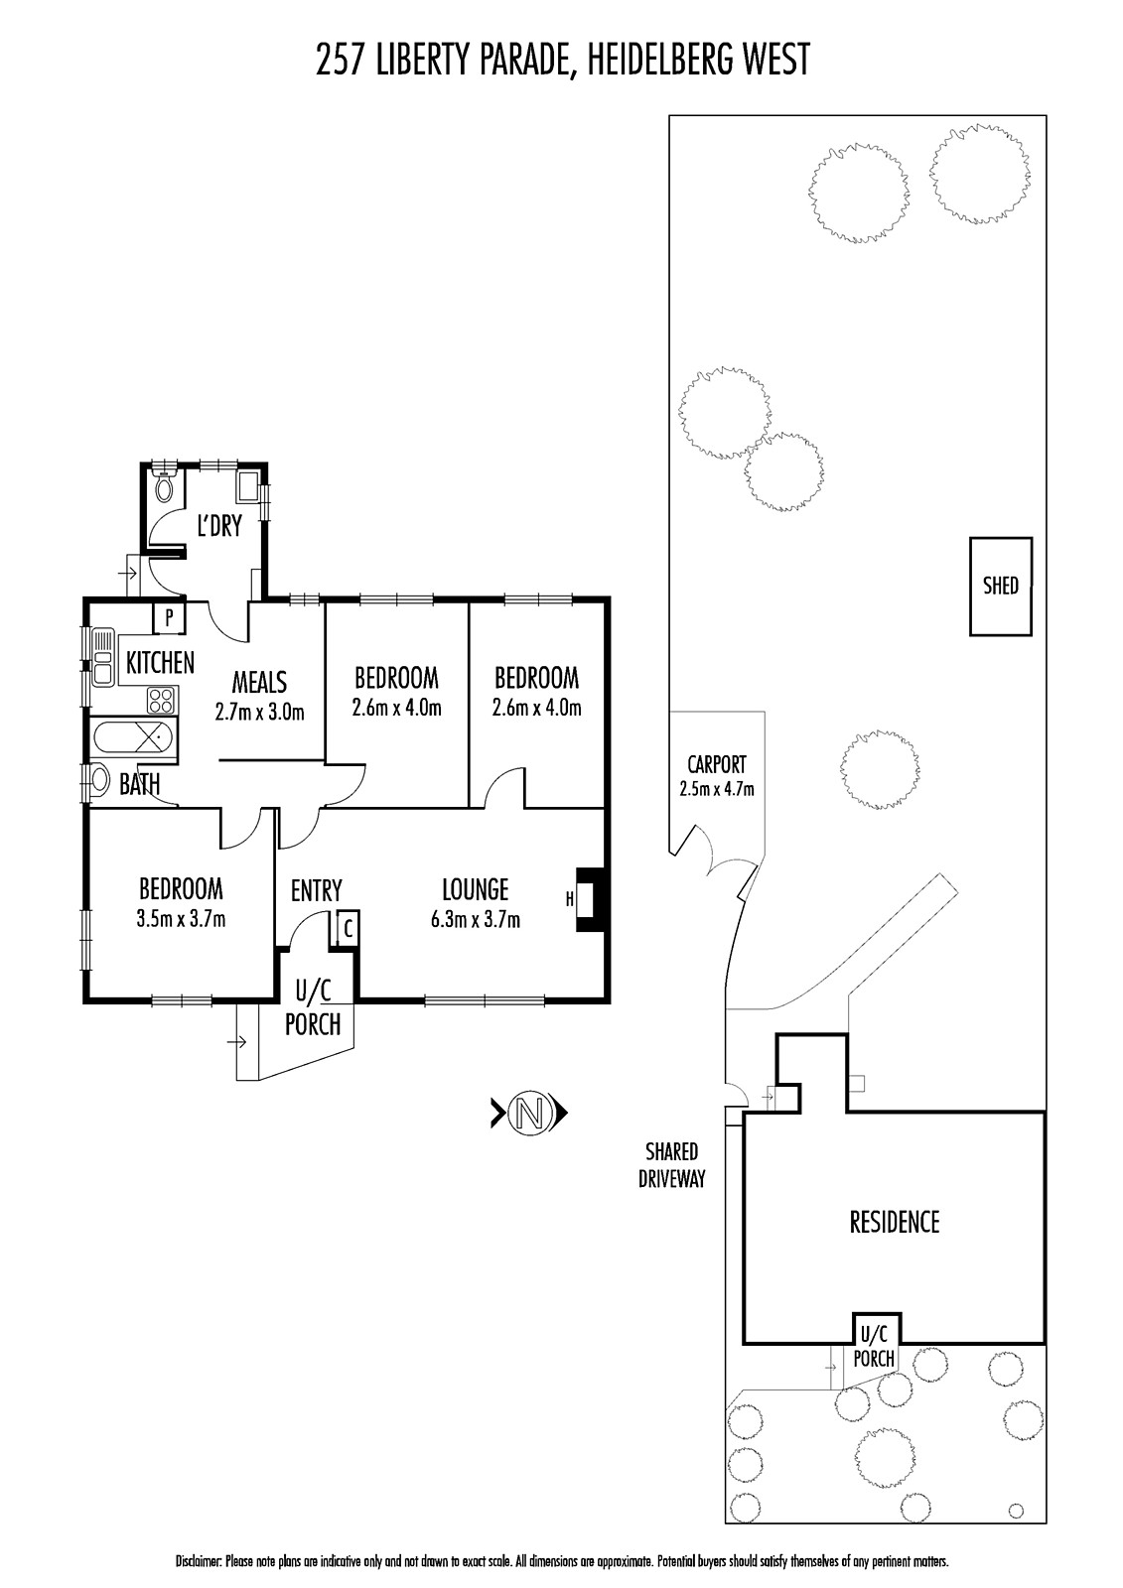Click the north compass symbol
pos(529,1113)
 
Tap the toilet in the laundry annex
pos(165,485)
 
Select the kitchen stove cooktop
pos(161,701)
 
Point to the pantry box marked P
pos(169,618)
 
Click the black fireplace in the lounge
pos(590,899)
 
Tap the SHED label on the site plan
pos(1000,586)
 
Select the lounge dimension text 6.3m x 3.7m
pos(476,920)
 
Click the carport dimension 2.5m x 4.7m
pos(717,788)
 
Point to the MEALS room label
pos(259,683)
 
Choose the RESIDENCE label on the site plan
pos(895,1223)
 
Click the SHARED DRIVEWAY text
pos(672,1165)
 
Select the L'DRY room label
pos(219,526)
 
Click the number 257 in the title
pos(342,60)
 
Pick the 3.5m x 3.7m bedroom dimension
pos(182,919)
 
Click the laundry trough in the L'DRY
pos(248,487)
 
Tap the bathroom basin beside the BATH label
pos(100,781)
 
